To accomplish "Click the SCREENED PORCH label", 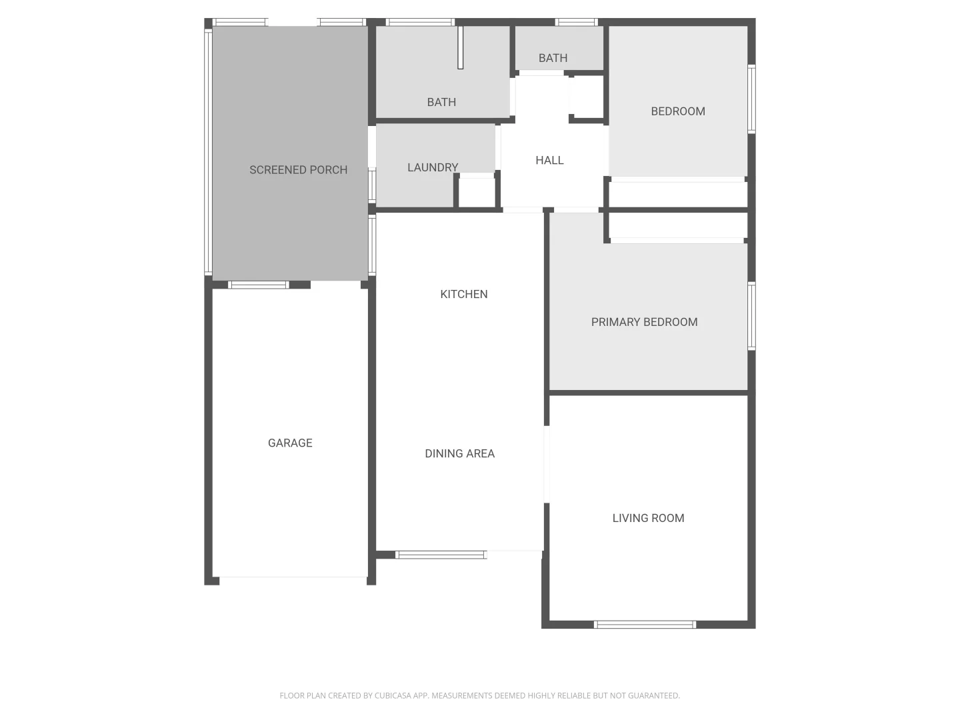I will pyautogui.click(x=298, y=170).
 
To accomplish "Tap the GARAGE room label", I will pyautogui.click(x=290, y=443).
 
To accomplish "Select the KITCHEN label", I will pyautogui.click(x=464, y=294).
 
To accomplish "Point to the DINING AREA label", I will pyautogui.click(x=459, y=453).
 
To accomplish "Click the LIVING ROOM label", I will pyautogui.click(x=648, y=518).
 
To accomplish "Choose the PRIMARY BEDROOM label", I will pyautogui.click(x=644, y=322).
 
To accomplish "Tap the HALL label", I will pyautogui.click(x=549, y=160).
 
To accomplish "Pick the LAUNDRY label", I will pyautogui.click(x=433, y=167).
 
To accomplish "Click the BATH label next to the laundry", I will pyautogui.click(x=441, y=102).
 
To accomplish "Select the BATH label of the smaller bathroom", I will pyautogui.click(x=553, y=58).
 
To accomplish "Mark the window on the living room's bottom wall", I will pyautogui.click(x=645, y=625).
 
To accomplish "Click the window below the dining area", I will pyautogui.click(x=441, y=555).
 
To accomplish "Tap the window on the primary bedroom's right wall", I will pyautogui.click(x=751, y=316).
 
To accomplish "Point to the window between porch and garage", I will pyautogui.click(x=258, y=285).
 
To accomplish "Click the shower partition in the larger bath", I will pyautogui.click(x=460, y=47).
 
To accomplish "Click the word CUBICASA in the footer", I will pyautogui.click(x=393, y=695).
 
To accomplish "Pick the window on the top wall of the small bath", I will pyautogui.click(x=576, y=22).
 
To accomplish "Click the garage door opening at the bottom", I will pyautogui.click(x=293, y=577).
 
